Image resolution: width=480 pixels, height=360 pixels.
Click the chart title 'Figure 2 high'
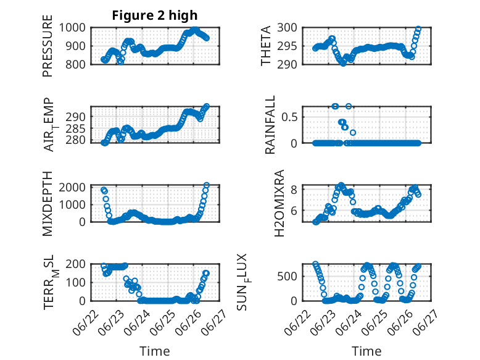point(155,15)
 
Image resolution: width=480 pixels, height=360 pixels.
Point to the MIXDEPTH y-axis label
point(48,203)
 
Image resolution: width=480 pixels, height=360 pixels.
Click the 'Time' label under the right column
point(366,351)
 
